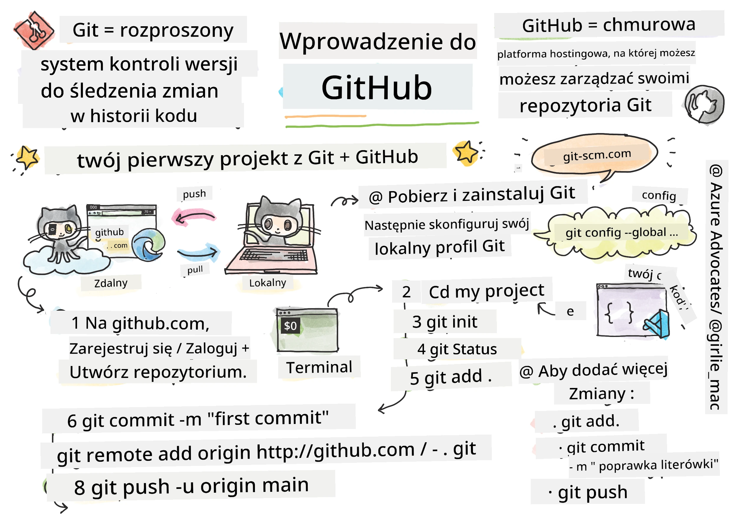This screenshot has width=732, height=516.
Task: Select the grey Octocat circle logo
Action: tap(704, 104)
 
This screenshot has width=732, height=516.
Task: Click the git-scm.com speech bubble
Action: tap(595, 155)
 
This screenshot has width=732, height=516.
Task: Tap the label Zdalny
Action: tap(111, 283)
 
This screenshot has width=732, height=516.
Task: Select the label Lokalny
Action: tap(268, 283)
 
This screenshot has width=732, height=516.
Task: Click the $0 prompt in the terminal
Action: tap(290, 326)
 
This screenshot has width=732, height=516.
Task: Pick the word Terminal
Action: tap(319, 368)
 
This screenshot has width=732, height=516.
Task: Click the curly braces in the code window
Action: tap(619, 313)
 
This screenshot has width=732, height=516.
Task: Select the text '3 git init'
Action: tap(445, 322)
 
